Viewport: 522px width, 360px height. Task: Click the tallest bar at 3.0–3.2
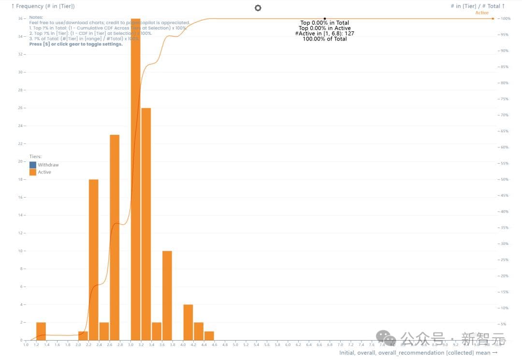click(136, 179)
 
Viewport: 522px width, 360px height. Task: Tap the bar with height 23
click(115, 237)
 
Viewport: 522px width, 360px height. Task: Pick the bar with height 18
click(94, 259)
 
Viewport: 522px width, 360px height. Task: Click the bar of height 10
click(167, 295)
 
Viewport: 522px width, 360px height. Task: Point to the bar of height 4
click(188, 322)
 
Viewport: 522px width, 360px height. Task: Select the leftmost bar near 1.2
click(41, 331)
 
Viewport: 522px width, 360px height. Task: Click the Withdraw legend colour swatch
click(33, 165)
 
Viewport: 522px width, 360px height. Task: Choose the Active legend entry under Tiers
click(44, 172)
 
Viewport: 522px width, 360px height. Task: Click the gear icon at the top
click(258, 8)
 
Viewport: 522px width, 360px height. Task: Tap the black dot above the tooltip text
click(325, 18)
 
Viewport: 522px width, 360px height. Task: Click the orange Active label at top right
click(482, 13)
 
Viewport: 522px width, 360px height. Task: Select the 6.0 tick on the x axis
click(288, 345)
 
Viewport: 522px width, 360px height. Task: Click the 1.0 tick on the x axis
click(26, 345)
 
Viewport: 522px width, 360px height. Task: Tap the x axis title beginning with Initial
click(418, 353)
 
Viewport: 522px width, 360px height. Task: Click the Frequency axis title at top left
click(43, 6)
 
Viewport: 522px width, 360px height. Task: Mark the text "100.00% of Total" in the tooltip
click(325, 39)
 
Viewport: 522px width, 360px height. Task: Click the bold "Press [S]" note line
click(76, 44)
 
